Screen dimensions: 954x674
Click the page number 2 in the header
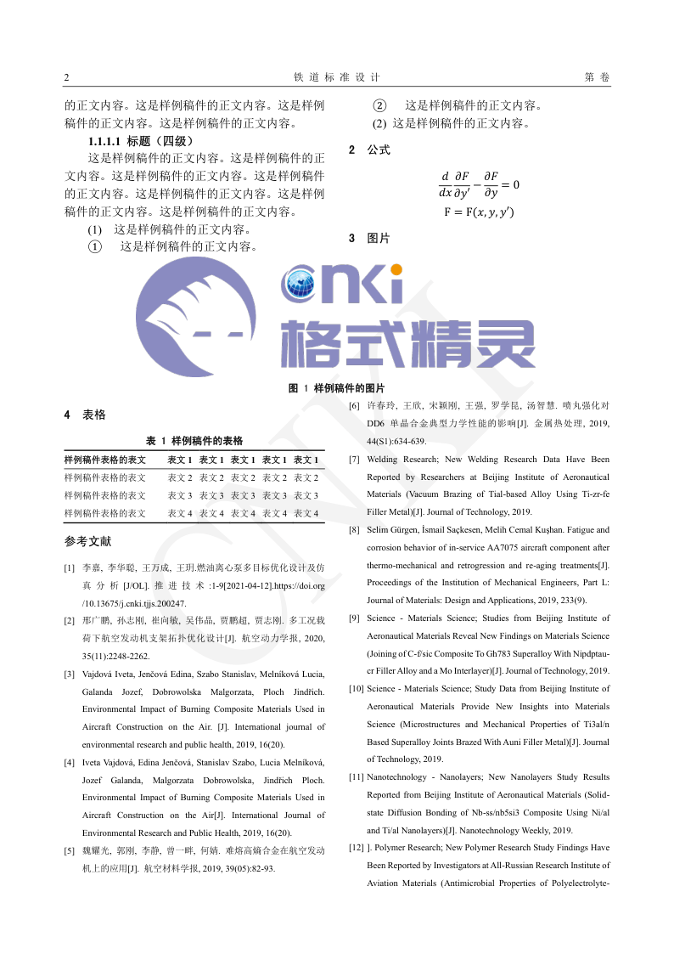tap(67, 77)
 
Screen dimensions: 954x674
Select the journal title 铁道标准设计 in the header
tap(336, 77)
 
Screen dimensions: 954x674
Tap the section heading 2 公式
tap(369, 150)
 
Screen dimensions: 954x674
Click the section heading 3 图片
tap(369, 238)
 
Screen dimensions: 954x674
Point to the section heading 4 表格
tap(85, 415)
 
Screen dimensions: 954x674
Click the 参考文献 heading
tap(87, 541)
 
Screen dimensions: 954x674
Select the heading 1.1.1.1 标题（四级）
tap(141, 141)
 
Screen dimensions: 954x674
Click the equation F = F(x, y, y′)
tap(479, 212)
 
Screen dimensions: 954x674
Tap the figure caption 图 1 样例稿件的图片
tap(337, 387)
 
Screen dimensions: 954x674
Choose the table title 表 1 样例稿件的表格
tap(194, 440)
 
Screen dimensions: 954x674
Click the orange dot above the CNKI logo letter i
tap(396, 269)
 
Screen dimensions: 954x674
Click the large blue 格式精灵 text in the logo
tap(407, 343)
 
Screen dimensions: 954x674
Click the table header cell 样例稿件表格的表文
tap(105, 460)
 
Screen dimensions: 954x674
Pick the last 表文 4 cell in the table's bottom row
tap(306, 513)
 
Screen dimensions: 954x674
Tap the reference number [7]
tap(354, 460)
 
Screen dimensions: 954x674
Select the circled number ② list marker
tap(380, 106)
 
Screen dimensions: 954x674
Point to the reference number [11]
tap(357, 776)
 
